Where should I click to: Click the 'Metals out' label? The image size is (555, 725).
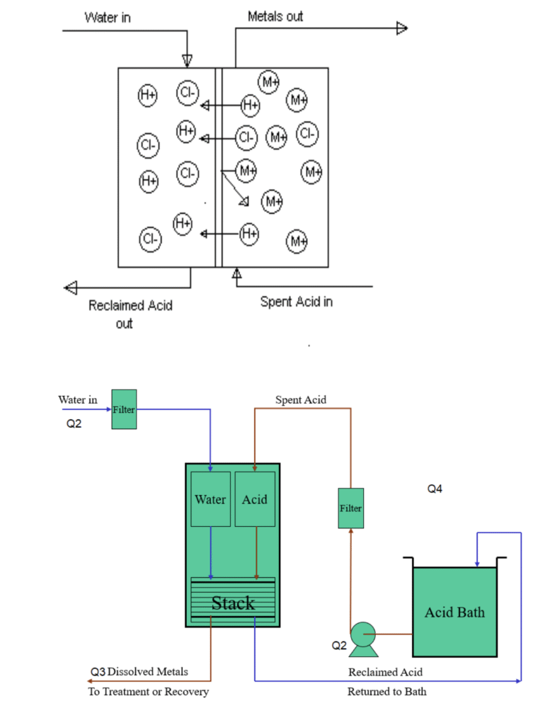[275, 17]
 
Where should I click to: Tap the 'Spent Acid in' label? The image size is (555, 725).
[297, 302]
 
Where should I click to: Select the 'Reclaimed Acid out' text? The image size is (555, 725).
[130, 314]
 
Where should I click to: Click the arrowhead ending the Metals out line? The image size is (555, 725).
[402, 28]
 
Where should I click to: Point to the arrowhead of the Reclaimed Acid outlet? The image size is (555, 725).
[71, 287]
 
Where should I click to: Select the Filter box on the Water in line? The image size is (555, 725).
[124, 409]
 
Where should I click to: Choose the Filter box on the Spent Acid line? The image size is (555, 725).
[350, 508]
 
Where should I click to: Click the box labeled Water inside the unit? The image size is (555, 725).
[210, 499]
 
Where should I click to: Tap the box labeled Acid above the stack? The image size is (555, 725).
[255, 499]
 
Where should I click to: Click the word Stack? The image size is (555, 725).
[233, 603]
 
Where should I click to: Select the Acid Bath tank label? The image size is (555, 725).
[454, 612]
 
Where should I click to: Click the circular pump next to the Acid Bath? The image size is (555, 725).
[363, 634]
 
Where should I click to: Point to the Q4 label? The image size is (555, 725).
[435, 489]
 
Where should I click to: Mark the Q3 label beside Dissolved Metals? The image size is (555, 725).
[98, 672]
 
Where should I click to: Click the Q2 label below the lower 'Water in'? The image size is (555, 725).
[74, 423]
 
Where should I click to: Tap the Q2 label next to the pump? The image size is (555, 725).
[339, 646]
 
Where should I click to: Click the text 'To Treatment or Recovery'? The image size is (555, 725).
[149, 692]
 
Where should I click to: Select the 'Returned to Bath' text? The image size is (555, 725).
[387, 692]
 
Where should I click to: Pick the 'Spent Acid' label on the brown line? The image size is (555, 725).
[301, 400]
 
